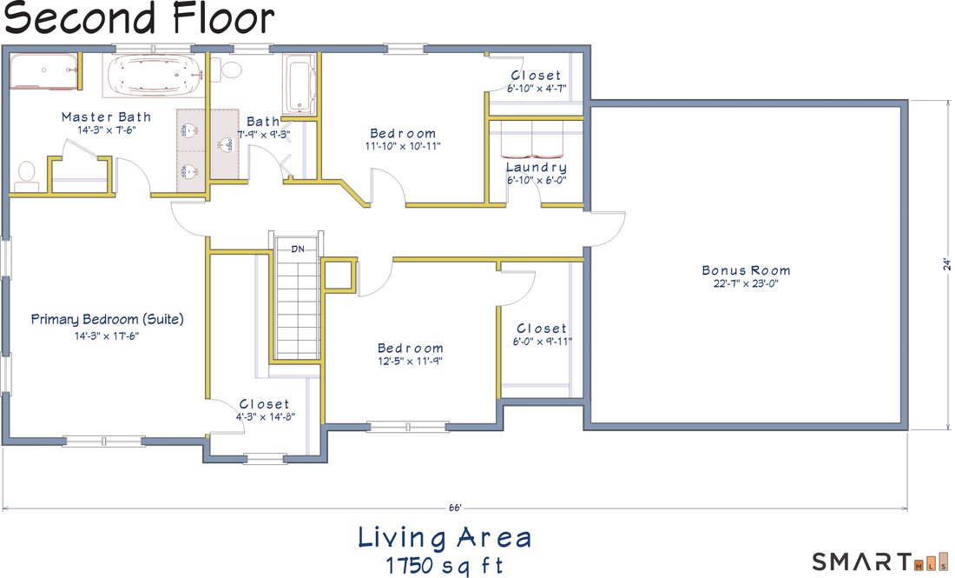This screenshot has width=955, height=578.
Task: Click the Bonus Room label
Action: (746, 270)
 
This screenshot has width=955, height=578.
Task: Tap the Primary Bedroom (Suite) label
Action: (107, 320)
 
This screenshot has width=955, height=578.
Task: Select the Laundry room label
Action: (536, 167)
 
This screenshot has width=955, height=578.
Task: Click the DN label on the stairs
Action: (298, 249)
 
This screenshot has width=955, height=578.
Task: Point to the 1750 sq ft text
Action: (445, 565)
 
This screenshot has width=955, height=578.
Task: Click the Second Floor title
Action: (140, 17)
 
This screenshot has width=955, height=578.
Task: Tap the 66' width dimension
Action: (455, 508)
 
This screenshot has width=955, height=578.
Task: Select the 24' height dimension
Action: (946, 263)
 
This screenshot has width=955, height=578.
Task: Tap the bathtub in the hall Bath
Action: (300, 84)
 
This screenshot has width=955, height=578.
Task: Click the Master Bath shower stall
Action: (45, 72)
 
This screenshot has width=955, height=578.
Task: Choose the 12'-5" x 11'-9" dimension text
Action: (410, 361)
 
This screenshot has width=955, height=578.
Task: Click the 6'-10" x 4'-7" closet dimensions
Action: (537, 89)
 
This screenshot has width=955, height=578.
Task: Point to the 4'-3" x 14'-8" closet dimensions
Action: (266, 417)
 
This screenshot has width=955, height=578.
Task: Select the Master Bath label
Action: (106, 116)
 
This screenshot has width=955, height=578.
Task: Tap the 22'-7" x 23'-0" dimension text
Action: (746, 283)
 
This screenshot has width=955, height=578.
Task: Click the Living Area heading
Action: (445, 538)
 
